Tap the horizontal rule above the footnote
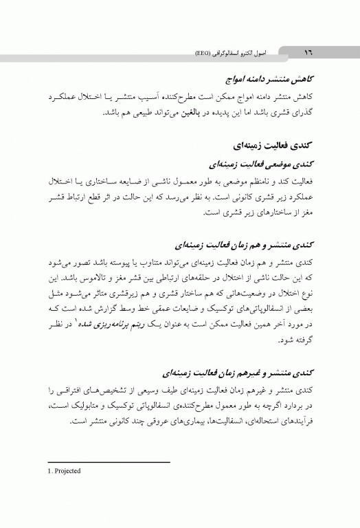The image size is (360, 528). coord(106,463)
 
